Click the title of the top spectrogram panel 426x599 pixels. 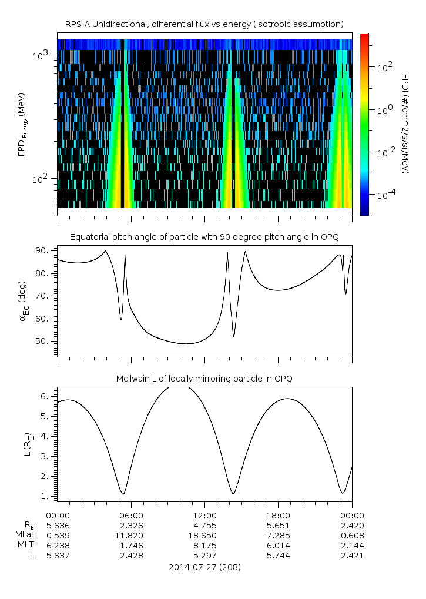[x=204, y=24]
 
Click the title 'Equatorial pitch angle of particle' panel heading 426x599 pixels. [x=204, y=237]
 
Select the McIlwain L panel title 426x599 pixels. [x=204, y=379]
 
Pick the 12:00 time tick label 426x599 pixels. [x=204, y=515]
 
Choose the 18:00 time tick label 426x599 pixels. [x=278, y=515]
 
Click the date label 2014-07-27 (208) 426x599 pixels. [x=204, y=567]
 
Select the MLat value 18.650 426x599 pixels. [x=204, y=536]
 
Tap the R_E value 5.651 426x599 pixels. [x=278, y=525]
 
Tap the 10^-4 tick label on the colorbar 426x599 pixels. [x=385, y=194]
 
